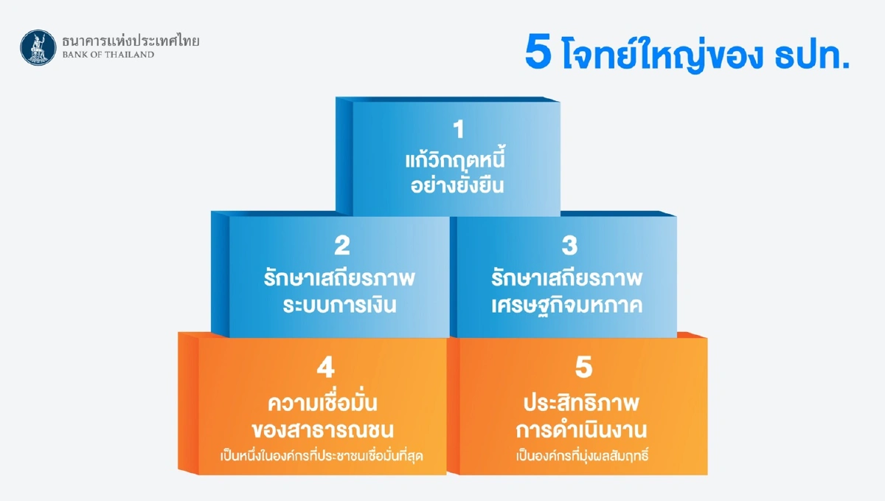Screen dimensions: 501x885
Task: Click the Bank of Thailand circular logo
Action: pyautogui.click(x=38, y=47)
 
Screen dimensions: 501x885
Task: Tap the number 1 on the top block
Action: pyautogui.click(x=459, y=131)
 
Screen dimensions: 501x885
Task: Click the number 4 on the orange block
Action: pyautogui.click(x=325, y=368)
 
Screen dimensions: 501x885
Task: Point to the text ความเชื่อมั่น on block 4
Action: pyautogui.click(x=325, y=404)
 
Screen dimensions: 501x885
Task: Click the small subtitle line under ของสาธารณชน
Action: pyautogui.click(x=325, y=455)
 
